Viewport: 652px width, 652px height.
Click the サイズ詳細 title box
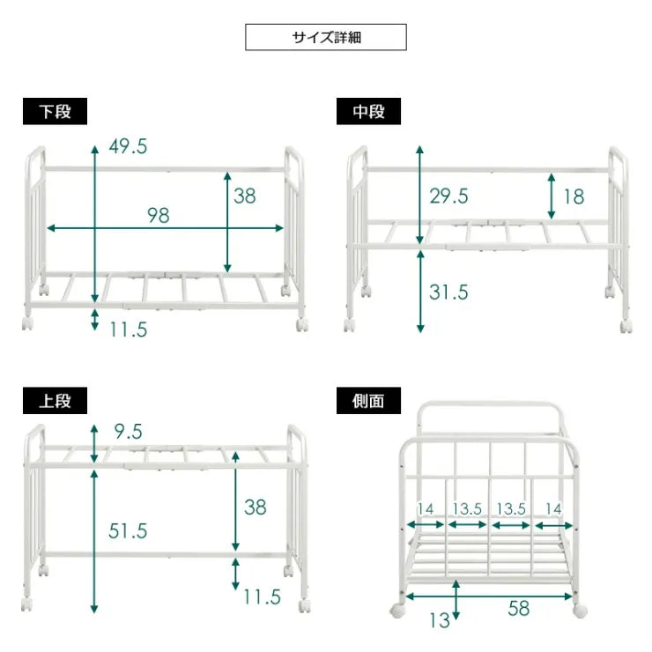tap(325, 37)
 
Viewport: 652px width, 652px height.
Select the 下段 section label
tap(55, 112)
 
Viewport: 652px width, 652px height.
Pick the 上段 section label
tap(55, 401)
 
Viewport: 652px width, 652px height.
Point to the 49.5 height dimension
tap(128, 147)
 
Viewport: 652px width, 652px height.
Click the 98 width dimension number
tap(158, 215)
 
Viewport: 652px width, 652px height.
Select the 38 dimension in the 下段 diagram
tap(245, 196)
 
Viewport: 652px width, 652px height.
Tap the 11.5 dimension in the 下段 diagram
tap(128, 330)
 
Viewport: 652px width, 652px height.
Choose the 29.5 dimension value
tap(448, 196)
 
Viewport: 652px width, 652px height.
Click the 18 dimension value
tap(573, 196)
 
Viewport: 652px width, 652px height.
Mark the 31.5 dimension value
tap(448, 293)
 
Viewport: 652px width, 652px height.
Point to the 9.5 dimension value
tap(128, 431)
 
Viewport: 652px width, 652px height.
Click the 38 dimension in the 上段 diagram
tap(255, 508)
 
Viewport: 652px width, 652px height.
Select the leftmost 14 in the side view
tap(426, 508)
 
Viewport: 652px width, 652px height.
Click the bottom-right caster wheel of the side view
tap(582, 611)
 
